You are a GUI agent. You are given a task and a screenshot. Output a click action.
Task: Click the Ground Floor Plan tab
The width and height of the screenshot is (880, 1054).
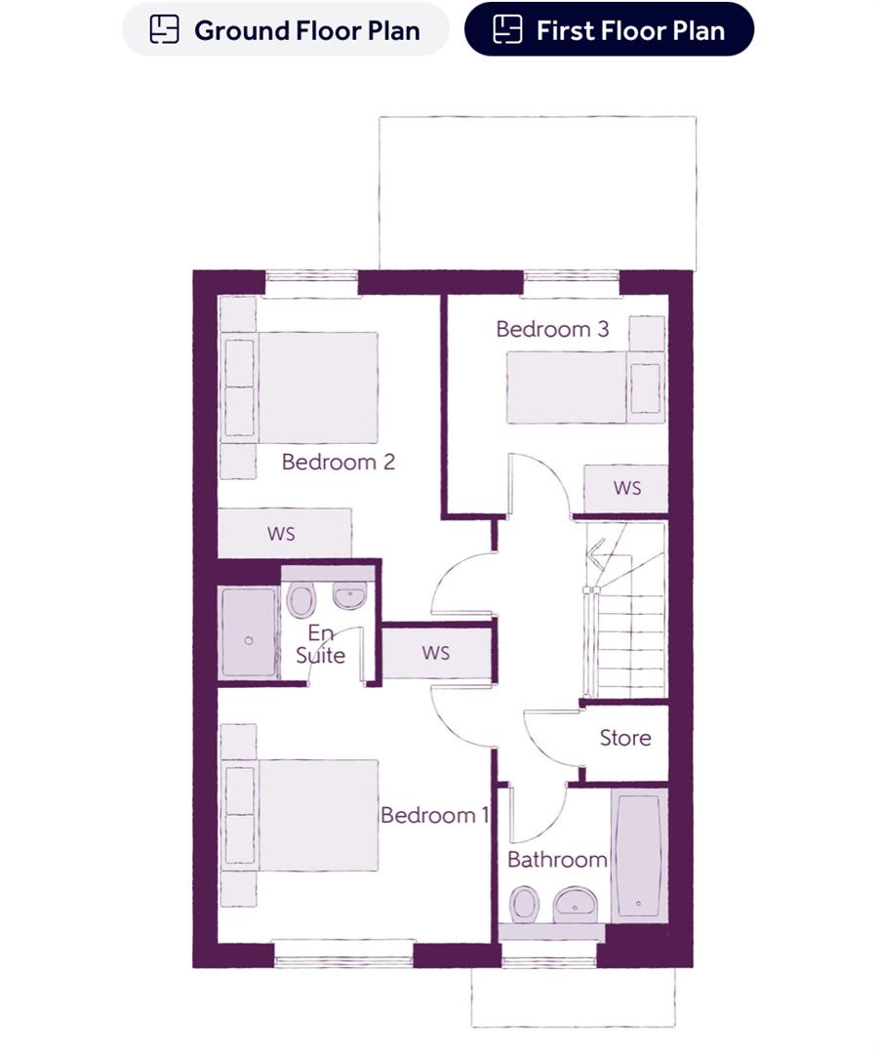[285, 29]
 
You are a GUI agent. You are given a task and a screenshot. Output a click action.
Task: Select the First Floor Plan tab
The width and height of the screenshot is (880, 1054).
[609, 29]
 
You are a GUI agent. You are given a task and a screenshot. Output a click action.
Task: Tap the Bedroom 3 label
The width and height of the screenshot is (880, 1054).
[552, 329]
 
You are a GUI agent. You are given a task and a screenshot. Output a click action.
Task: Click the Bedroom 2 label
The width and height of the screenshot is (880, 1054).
[338, 462]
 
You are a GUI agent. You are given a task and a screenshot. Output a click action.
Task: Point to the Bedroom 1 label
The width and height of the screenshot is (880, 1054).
[434, 815]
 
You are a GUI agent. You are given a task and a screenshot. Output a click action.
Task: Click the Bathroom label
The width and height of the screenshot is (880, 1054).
[557, 860]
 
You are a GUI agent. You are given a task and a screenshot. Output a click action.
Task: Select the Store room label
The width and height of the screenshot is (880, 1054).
[625, 738]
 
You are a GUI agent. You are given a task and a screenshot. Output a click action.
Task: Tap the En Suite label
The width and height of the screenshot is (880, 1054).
[320, 644]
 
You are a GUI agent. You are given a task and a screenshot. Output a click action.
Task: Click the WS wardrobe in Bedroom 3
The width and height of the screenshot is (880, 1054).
[626, 488]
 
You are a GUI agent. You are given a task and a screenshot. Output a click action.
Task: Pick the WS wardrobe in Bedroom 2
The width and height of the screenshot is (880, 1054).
[283, 533]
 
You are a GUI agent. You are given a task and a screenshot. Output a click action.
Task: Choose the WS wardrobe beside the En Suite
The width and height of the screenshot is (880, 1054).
[435, 652]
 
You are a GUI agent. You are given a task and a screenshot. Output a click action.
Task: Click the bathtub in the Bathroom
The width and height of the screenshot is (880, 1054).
[640, 855]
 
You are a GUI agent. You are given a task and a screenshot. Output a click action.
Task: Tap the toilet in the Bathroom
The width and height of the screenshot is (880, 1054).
[525, 904]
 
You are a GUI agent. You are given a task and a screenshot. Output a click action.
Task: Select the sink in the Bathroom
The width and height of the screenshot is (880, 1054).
[576, 904]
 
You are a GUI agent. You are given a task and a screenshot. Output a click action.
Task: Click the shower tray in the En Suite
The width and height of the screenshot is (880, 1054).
[248, 632]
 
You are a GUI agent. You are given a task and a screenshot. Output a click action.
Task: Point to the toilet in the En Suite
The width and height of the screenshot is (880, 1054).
[300, 598]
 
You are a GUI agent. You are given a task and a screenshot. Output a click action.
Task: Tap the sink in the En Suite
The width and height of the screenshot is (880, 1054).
[349, 592]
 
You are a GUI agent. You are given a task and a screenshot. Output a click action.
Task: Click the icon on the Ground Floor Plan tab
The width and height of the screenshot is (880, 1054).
[164, 29]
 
